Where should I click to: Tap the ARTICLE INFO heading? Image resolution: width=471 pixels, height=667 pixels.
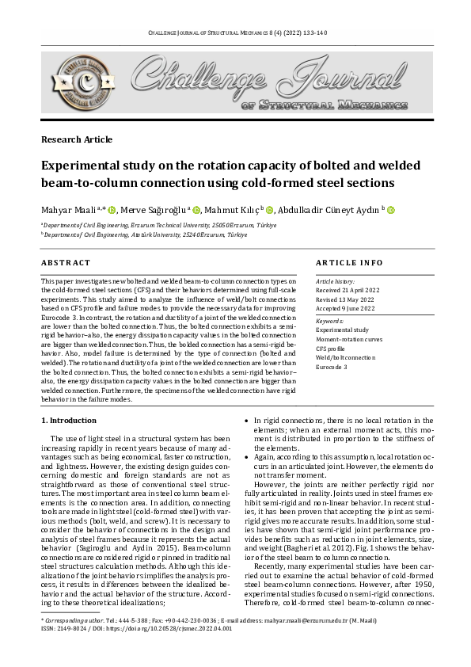(x=349, y=262)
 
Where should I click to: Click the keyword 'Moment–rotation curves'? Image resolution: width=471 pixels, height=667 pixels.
(x=351, y=338)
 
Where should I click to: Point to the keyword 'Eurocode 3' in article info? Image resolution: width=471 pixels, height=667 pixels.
(x=332, y=367)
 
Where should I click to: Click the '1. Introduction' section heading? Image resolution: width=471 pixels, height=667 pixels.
(x=69, y=419)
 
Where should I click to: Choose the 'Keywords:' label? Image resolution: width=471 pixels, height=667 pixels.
(x=330, y=320)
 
